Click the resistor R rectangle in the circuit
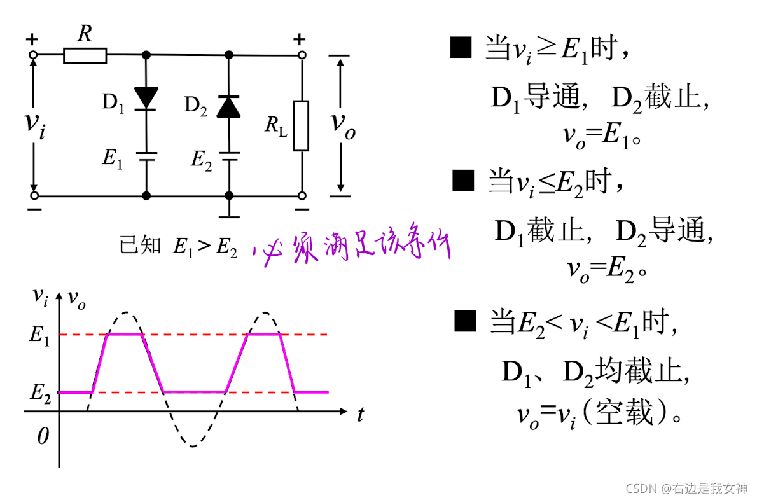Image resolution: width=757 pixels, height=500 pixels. click(85, 55)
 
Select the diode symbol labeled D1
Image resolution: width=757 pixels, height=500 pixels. click(146, 98)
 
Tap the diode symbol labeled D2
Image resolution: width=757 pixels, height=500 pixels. click(228, 106)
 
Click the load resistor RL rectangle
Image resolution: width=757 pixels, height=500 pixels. click(301, 125)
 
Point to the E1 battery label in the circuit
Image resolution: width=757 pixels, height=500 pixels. click(113, 158)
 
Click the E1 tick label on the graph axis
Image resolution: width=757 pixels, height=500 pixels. click(39, 335)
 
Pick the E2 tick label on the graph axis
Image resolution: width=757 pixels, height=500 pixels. click(40, 392)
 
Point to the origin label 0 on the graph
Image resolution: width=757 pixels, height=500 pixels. click(43, 436)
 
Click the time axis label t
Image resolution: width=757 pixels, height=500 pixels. click(360, 415)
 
